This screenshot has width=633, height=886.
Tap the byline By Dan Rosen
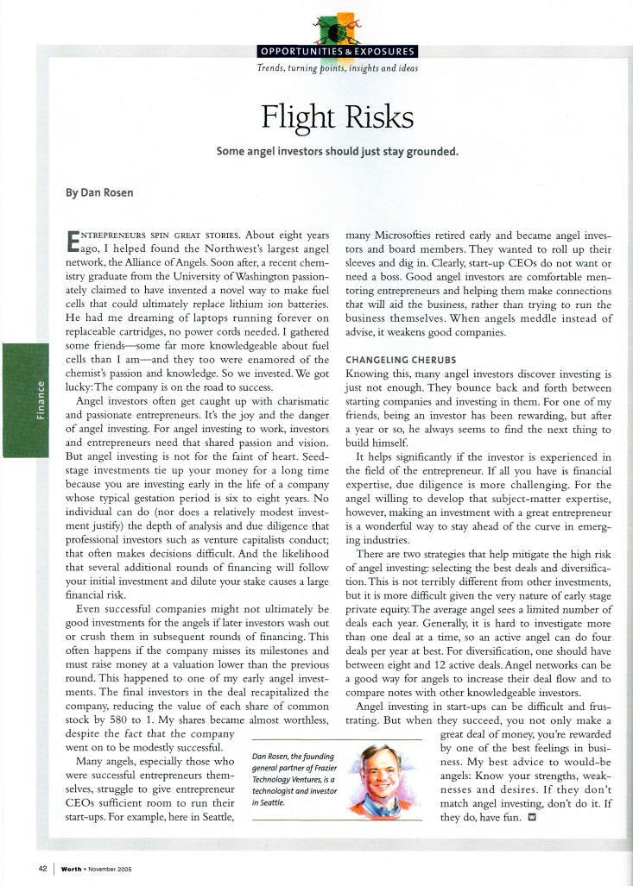[100, 192]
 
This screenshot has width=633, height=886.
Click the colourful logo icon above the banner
[339, 27]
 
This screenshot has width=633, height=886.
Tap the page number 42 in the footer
[41, 868]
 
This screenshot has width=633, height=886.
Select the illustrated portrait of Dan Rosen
[383, 776]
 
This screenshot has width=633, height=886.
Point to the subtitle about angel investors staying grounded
[337, 152]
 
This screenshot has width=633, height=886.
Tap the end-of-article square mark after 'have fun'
[532, 819]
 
